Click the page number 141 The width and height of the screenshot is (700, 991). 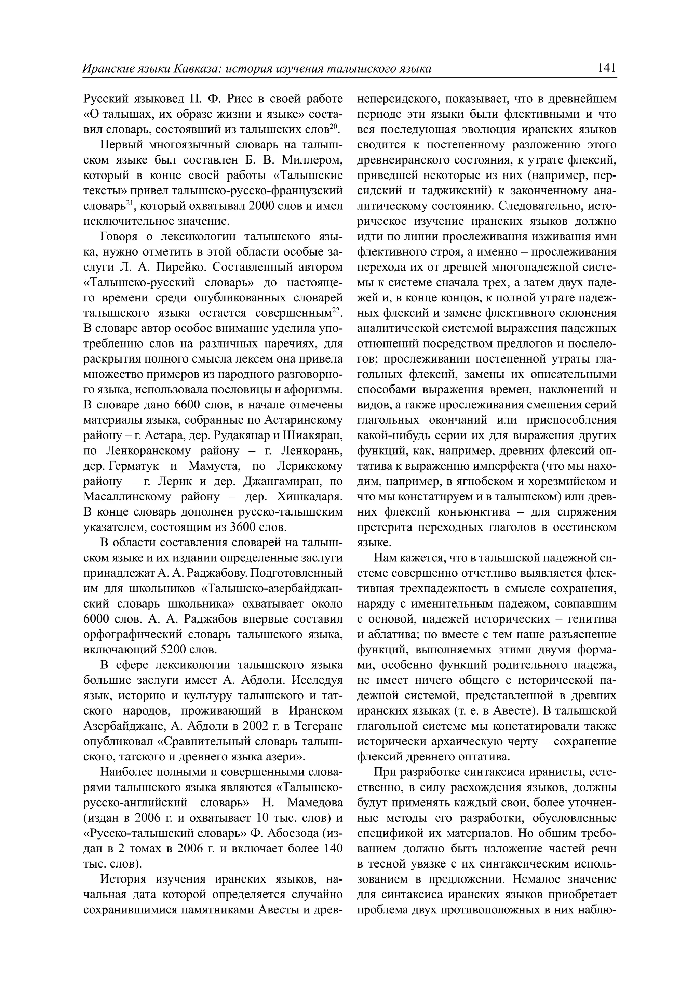pos(607,68)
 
